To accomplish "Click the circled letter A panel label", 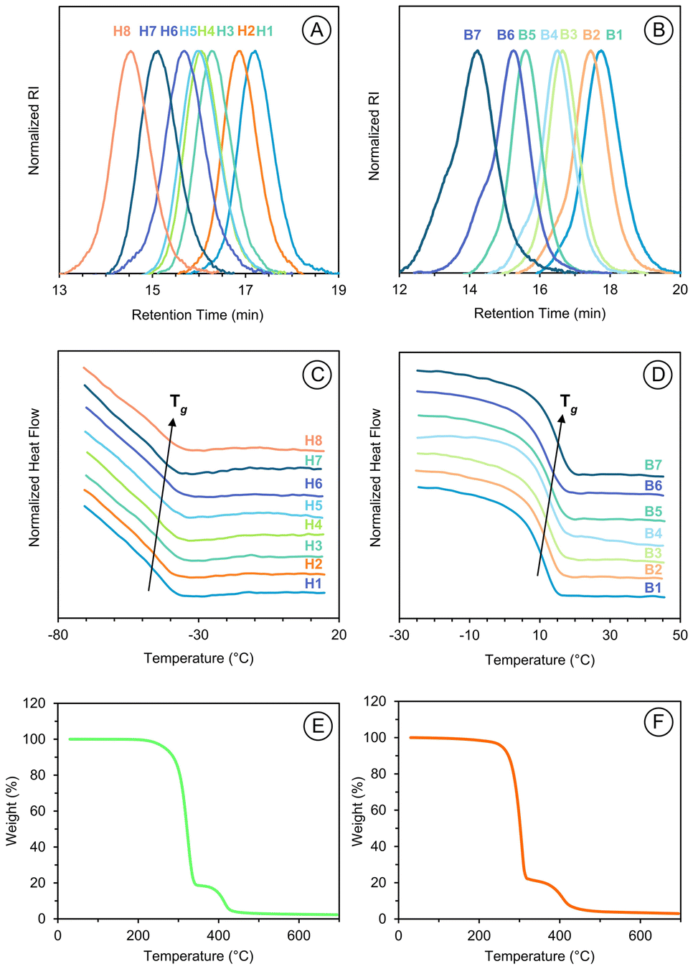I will [317, 30].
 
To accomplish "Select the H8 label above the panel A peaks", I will [122, 31].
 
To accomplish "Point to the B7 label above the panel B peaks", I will [472, 34].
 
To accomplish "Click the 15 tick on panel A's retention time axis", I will [153, 290].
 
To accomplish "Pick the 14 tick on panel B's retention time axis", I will [470, 289].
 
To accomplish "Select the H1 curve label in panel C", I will [313, 584].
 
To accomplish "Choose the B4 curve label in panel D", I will [653, 533].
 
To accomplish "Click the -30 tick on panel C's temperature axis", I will [199, 635].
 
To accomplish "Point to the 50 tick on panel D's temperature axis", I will [680, 635].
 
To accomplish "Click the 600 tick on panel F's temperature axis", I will [640, 935].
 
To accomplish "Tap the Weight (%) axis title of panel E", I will [11, 811].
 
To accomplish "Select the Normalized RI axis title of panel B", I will [374, 136].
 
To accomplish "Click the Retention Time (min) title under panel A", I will [197, 314].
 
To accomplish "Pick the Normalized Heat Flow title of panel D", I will [375, 477].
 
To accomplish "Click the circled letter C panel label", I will [317, 374].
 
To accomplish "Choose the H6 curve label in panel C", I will [313, 484].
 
